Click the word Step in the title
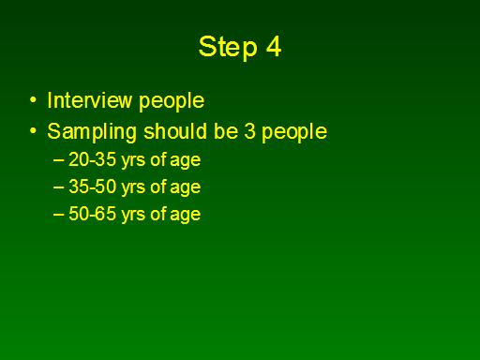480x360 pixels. coord(228,48)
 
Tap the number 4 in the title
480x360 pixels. coord(274,46)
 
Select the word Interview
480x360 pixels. coord(90,100)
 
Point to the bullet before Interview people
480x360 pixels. coord(33,100)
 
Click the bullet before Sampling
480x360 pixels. coord(33,131)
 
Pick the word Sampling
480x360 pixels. coord(92,133)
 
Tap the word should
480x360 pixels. coord(175,131)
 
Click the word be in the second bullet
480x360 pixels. coord(226,131)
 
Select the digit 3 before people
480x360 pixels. coord(250,131)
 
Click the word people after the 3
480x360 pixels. coord(294,133)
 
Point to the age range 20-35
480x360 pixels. coord(92,159)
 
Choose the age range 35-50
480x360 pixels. coord(92,187)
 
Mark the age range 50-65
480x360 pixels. coord(92,214)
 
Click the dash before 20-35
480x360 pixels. coord(58,160)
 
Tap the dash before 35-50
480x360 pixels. coord(58,187)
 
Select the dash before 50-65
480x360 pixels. coord(58,215)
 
